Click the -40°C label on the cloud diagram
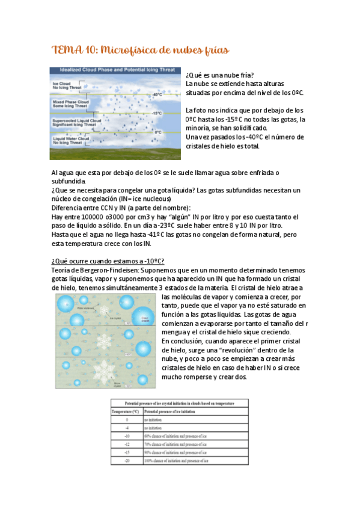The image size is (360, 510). coord(157,94)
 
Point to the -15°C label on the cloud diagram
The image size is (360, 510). coord(157,113)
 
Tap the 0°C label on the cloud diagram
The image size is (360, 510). coord(158,131)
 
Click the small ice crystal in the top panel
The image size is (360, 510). coord(103,310)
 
